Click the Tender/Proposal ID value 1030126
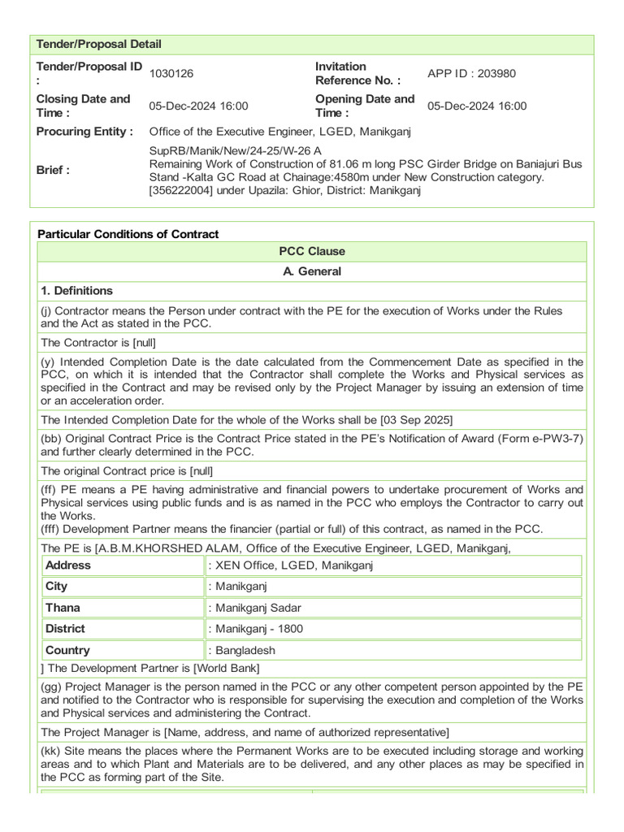pyautogui.click(x=171, y=74)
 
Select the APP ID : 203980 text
pyautogui.click(x=471, y=74)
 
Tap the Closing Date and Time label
pyautogui.click(x=83, y=106)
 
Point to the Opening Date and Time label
pyautogui.click(x=364, y=106)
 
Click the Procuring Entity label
pyautogui.click(x=84, y=132)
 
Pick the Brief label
pyautogui.click(x=54, y=170)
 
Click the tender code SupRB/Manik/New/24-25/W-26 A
pyautogui.click(x=236, y=151)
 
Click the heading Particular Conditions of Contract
pyautogui.click(x=128, y=234)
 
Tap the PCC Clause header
pyautogui.click(x=312, y=251)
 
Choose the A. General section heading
pyautogui.click(x=312, y=271)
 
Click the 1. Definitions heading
pyautogui.click(x=77, y=291)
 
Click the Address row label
pyautogui.click(x=68, y=565)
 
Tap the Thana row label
pyautogui.click(x=63, y=608)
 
